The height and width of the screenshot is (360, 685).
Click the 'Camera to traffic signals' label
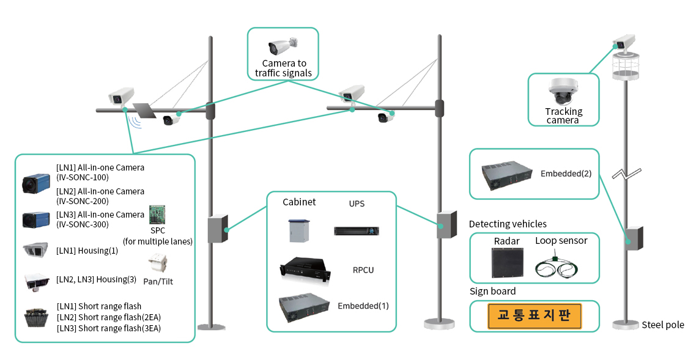click(x=284, y=68)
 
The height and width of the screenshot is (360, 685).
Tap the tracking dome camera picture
click(x=563, y=92)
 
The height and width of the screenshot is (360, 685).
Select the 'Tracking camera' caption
click(x=563, y=116)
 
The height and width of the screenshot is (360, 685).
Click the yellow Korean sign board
click(x=534, y=316)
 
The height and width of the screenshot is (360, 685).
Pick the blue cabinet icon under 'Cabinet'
click(x=299, y=230)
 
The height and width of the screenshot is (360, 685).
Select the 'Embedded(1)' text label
click(x=363, y=306)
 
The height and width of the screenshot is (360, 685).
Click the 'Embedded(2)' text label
click(x=566, y=174)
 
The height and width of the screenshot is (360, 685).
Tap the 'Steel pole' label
click(x=662, y=325)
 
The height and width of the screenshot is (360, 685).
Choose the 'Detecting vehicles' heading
click(x=508, y=224)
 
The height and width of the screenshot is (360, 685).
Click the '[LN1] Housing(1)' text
click(x=87, y=249)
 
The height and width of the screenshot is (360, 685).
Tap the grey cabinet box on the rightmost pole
click(x=634, y=238)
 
